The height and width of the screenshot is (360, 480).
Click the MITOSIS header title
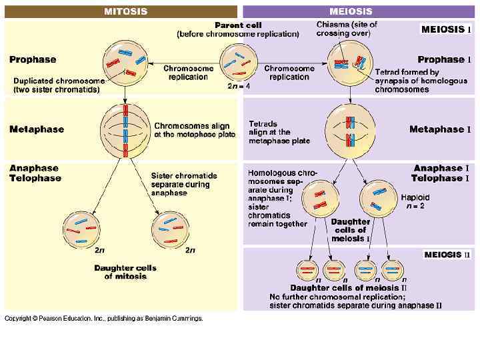(126, 11)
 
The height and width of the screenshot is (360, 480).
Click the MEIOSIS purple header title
(351, 11)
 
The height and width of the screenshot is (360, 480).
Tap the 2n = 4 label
(239, 86)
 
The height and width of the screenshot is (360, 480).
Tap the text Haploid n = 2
(415, 202)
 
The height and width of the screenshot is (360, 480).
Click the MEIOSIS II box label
(447, 255)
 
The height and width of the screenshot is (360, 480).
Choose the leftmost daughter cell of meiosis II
(308, 270)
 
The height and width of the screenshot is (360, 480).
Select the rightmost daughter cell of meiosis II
(393, 270)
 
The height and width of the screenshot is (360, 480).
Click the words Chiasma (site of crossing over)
(347, 29)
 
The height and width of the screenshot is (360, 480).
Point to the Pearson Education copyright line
(104, 319)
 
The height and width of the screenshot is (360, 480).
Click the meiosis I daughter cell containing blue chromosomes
(377, 199)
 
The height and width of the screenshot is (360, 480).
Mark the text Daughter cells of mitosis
(125, 272)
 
